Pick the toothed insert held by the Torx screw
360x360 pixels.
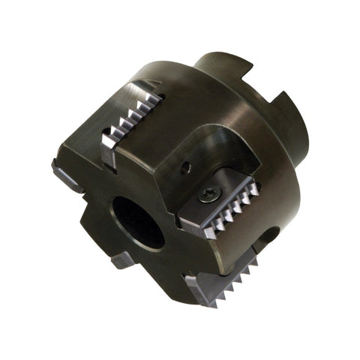(x=221, y=209)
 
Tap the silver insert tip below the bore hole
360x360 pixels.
(x=124, y=260)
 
